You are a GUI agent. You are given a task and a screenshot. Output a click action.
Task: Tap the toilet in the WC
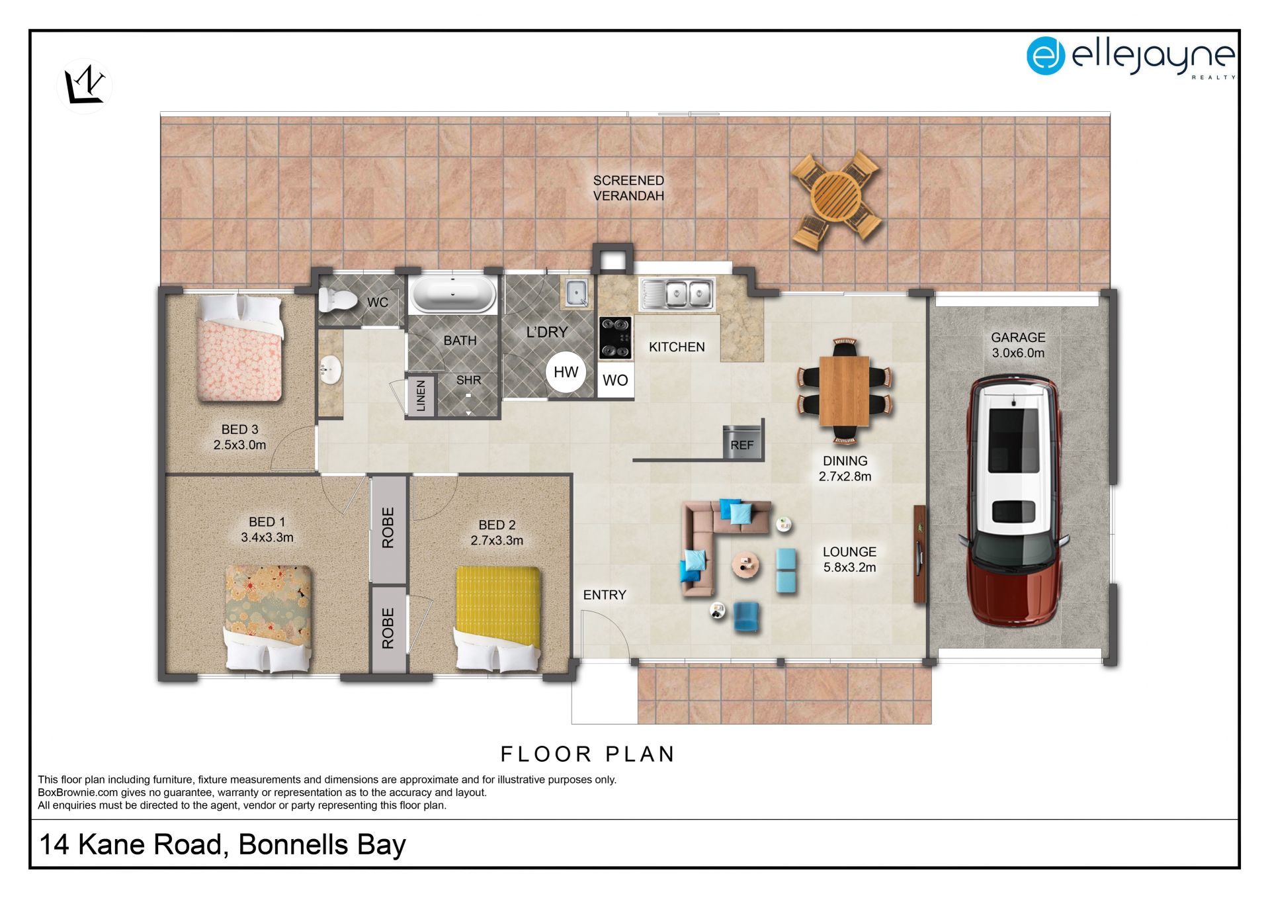click(x=337, y=299)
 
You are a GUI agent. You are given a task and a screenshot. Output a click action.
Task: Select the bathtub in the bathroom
click(x=453, y=294)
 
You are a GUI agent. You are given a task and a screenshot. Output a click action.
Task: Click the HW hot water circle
click(x=566, y=372)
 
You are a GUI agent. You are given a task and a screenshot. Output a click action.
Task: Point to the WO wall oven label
click(x=615, y=381)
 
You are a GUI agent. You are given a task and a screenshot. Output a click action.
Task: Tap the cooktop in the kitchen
click(x=615, y=337)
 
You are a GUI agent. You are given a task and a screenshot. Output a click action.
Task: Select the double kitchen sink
click(x=677, y=294)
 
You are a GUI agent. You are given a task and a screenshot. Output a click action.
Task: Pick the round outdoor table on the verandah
click(x=837, y=197)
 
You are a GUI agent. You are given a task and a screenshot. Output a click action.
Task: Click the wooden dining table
click(x=844, y=390)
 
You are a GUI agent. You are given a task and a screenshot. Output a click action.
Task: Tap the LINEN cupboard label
click(x=421, y=396)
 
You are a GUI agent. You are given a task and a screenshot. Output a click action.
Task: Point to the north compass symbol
click(x=85, y=85)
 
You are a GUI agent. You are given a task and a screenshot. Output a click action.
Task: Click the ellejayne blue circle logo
click(x=1045, y=56)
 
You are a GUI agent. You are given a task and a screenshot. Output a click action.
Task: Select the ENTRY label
click(x=605, y=595)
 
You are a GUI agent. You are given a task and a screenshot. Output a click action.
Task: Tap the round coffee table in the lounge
click(x=746, y=565)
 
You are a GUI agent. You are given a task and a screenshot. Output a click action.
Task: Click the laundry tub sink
click(x=577, y=292)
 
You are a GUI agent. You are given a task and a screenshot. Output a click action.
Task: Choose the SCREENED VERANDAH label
click(x=628, y=188)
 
